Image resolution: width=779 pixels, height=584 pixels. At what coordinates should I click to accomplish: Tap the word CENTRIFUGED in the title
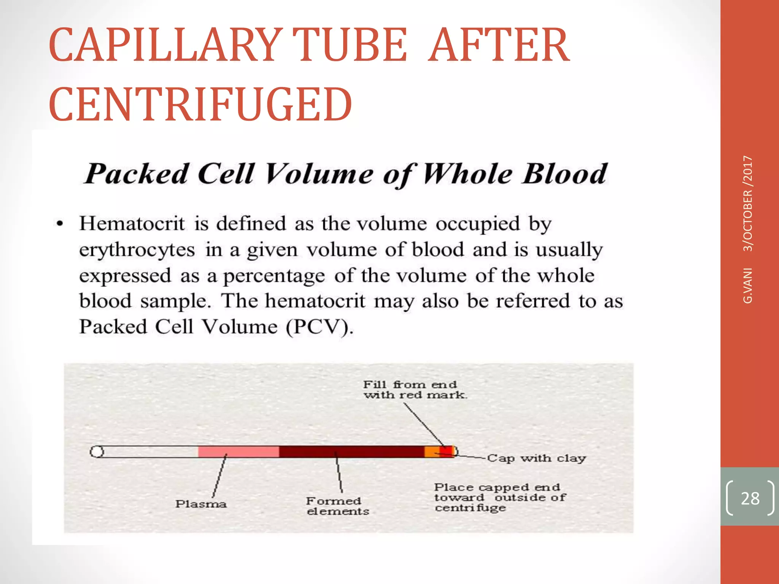(x=200, y=104)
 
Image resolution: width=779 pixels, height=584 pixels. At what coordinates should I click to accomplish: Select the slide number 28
(x=750, y=498)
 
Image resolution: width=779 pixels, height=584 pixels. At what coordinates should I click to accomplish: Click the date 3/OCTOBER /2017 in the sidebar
(x=748, y=203)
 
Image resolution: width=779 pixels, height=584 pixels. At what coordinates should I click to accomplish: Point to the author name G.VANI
(x=748, y=286)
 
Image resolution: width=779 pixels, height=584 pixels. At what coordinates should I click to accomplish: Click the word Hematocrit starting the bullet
(x=132, y=223)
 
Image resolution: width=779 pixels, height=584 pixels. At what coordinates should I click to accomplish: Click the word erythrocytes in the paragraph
(x=137, y=250)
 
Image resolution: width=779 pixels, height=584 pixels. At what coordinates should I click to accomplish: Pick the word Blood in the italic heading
(x=564, y=174)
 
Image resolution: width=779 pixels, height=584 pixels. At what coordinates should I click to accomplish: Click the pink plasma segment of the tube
(x=238, y=452)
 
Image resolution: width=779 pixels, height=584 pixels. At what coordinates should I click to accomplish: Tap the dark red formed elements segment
(x=351, y=452)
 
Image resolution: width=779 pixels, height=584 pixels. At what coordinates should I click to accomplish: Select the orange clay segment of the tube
(x=432, y=452)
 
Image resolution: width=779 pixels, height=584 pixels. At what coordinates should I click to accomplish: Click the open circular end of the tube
(x=97, y=452)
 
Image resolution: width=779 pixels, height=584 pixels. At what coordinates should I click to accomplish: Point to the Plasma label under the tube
(x=201, y=504)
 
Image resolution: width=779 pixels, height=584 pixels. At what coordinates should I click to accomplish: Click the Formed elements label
(x=337, y=506)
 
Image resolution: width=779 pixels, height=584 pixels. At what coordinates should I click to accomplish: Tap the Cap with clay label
(x=536, y=458)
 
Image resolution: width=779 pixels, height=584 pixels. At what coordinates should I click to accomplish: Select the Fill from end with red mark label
(x=415, y=390)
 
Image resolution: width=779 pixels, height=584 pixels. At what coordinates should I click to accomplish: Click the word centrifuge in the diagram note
(x=470, y=508)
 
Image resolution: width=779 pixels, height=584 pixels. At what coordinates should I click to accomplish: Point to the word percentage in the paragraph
(x=274, y=276)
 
